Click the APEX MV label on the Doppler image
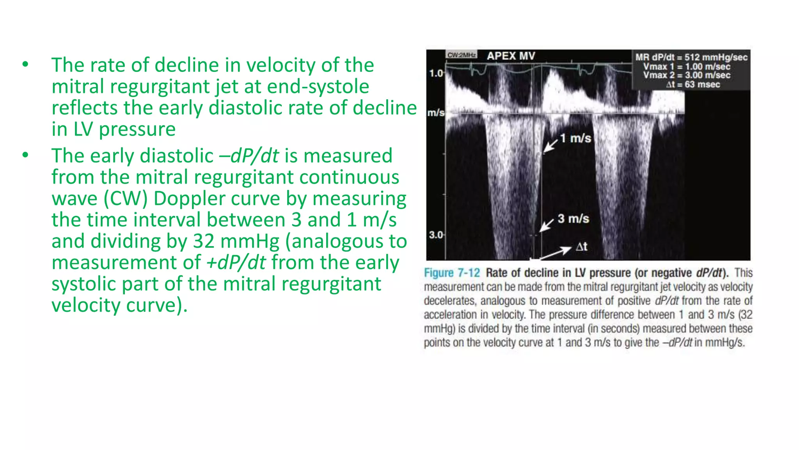[511, 56]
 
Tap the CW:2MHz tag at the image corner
[462, 55]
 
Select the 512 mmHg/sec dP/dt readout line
[691, 57]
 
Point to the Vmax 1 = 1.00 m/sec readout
[687, 66]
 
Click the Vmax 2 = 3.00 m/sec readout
[687, 75]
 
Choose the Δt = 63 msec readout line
[693, 85]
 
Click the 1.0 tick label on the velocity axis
[436, 73]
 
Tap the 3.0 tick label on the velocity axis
[436, 235]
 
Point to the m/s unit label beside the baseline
[435, 113]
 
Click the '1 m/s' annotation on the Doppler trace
[575, 138]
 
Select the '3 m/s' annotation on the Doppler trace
[573, 219]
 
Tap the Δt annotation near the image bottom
[581, 247]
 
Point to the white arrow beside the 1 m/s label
[550, 145]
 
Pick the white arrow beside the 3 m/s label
[547, 225]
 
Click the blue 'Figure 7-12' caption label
[452, 273]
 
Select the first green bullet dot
[25, 64]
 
